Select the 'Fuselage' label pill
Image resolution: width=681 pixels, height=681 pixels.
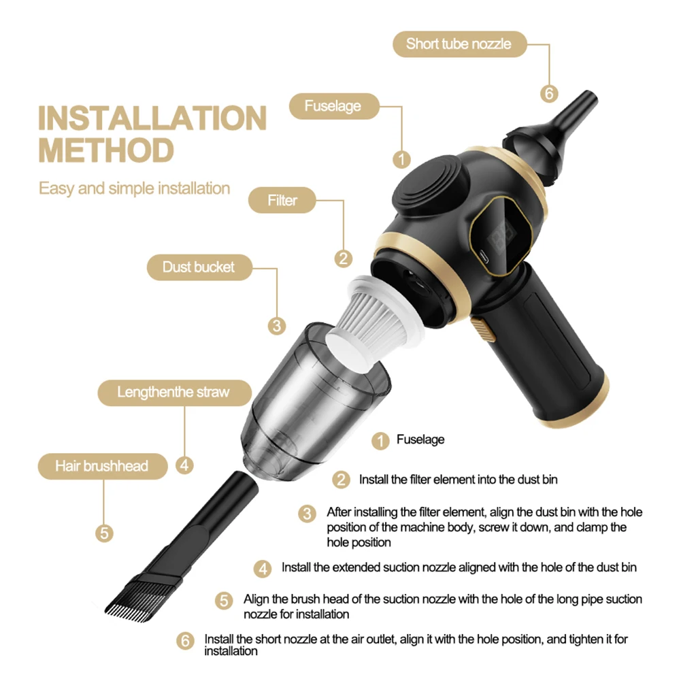coord(333,106)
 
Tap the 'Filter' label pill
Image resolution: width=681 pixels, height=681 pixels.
coord(282,201)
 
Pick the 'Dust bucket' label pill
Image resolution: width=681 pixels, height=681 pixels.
coord(198,267)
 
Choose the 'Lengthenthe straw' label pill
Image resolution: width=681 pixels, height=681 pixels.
coord(173,393)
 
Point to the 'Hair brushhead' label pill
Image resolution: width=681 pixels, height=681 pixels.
coord(101,466)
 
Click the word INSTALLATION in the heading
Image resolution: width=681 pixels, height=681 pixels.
coord(152,119)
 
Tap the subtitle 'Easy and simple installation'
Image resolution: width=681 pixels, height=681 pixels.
coord(134,188)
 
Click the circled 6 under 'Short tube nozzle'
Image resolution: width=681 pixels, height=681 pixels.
coord(549,93)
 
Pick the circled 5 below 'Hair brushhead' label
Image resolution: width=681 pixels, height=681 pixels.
coord(103,533)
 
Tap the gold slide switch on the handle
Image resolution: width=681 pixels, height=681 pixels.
coord(482,332)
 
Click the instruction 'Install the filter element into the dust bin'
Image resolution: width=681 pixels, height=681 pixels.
coord(458,480)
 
